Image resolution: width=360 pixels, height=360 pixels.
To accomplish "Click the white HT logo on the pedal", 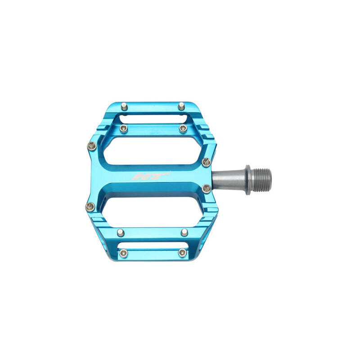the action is [151, 175].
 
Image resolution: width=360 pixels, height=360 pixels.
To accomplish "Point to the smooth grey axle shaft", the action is [229, 180].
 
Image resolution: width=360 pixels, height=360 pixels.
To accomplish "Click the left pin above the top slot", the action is [124, 106].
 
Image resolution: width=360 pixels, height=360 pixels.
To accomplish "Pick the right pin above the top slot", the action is [181, 106].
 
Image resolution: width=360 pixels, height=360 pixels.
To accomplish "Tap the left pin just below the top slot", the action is [123, 129].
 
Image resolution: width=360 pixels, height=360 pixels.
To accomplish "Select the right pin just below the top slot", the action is [183, 128].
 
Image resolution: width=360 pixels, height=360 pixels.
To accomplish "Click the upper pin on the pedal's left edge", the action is [92, 146].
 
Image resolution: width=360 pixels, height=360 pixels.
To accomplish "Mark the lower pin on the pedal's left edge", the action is [90, 207].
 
